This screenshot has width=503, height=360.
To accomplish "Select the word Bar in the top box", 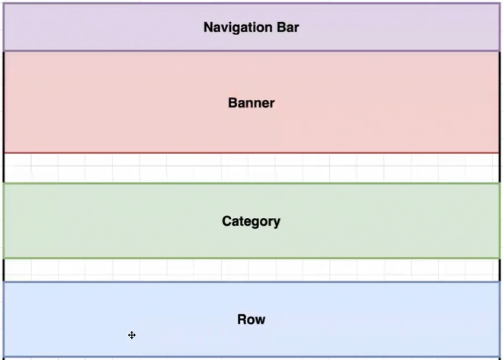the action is tap(288, 27).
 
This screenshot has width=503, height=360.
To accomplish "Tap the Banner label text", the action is tap(251, 103).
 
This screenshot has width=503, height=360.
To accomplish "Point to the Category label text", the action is tap(251, 222).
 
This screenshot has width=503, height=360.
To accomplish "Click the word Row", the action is tap(251, 320).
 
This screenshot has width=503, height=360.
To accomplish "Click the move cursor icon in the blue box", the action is tap(132, 336).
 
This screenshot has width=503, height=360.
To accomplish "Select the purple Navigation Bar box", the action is tap(251, 27).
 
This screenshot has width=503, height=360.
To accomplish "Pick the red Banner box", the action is tap(251, 102).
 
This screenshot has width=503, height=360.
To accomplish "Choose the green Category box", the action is tap(251, 221).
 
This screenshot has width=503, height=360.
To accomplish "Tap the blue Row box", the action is tap(251, 320).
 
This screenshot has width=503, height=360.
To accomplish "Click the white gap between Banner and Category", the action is tap(251, 169).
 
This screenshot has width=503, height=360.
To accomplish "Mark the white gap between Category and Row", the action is tap(251, 270).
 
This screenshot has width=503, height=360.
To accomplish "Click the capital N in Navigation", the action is tap(209, 27).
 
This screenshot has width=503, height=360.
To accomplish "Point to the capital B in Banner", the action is tap(232, 103).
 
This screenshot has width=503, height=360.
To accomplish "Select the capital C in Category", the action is tap(227, 221).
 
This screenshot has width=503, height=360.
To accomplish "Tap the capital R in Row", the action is tap(242, 320).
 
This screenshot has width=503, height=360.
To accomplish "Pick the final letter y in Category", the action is tap(277, 223).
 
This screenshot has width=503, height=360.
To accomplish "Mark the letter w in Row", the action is tap(261, 321).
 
